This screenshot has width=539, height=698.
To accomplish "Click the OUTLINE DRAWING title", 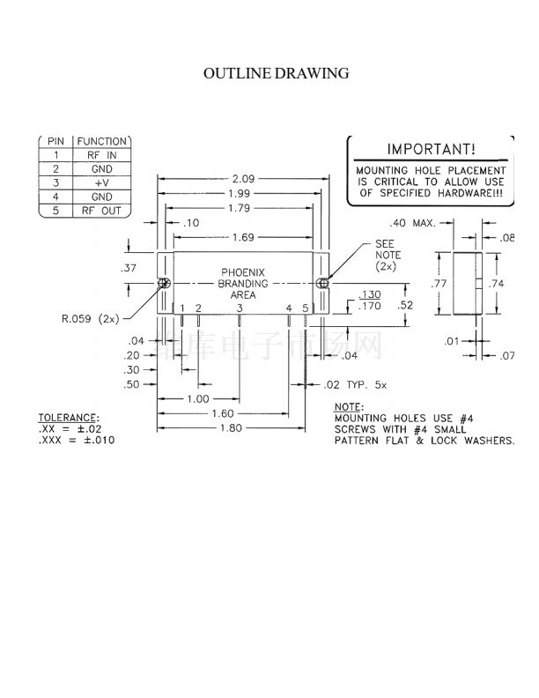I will pos(276,73).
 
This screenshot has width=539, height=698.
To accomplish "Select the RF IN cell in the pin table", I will pos(103,154).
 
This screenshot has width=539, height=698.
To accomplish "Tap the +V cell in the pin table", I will pos(103,182).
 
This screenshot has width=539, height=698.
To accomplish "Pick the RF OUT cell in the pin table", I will pos(103,211).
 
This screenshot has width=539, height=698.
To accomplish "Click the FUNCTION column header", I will pos(103,141).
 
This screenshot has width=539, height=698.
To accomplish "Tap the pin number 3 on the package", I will pos(240,308).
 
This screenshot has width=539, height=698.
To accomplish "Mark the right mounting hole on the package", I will pos(322,284).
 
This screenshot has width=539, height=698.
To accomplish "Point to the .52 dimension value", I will pos(406,305).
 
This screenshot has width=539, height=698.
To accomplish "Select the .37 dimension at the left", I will pos(129,267).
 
